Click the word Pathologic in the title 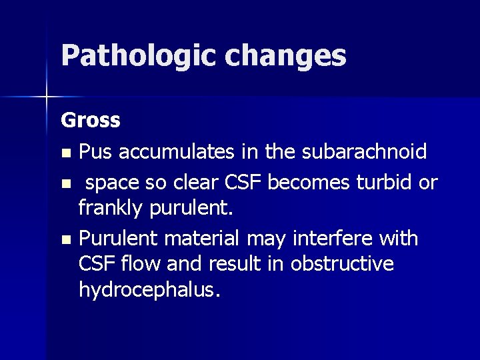[x=137, y=57]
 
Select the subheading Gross [x=91, y=121]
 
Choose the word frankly [x=109, y=209]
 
